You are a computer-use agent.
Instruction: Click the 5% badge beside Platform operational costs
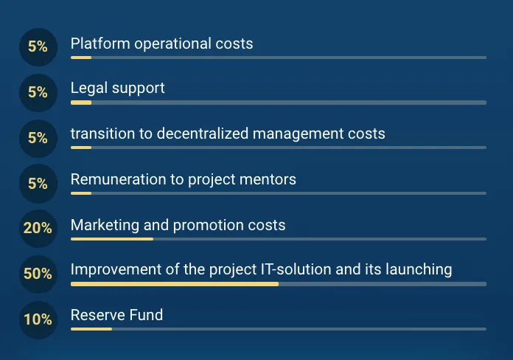point(38,47)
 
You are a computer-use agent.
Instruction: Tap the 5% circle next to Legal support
point(38,93)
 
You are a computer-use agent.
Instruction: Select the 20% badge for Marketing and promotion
point(38,229)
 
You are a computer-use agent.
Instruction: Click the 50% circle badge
point(38,274)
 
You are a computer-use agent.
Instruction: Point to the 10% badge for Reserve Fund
point(38,320)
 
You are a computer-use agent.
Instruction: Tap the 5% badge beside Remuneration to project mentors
point(38,184)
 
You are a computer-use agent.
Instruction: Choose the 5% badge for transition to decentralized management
point(38,138)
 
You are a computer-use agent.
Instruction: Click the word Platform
point(100,44)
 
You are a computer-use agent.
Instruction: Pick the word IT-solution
point(296,269)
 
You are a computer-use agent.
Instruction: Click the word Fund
point(146,315)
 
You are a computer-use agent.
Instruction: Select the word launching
point(419,269)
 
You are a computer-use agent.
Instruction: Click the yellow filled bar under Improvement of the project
point(175,284)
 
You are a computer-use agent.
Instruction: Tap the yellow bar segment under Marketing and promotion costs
point(112,239)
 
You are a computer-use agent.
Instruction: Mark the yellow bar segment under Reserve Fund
point(91,329)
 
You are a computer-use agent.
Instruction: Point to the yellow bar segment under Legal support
point(81,103)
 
